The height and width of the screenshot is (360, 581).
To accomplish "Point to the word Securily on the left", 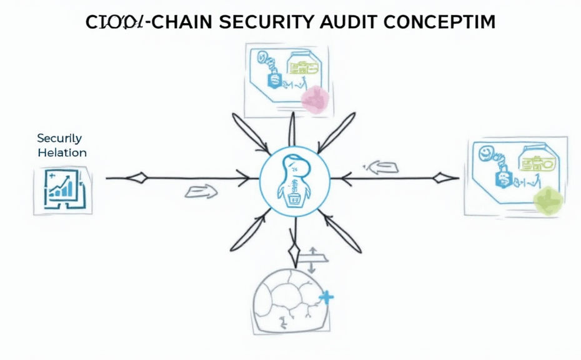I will [59, 138].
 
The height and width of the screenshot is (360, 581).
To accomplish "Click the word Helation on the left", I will [62, 152].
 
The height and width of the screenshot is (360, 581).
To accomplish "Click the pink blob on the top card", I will [315, 99].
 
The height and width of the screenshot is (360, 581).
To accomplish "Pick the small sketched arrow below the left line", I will [201, 192].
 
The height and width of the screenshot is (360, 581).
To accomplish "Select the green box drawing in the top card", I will [304, 65].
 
